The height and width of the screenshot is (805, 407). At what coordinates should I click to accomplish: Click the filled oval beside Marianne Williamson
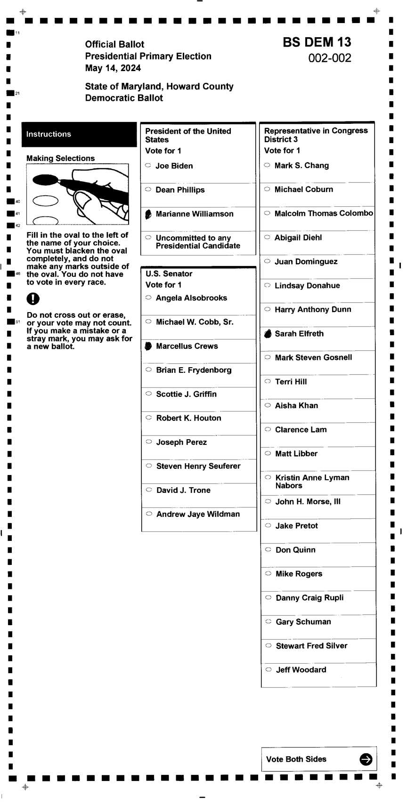click(x=148, y=214)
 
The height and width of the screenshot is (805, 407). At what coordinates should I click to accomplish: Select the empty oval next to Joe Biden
click(x=148, y=166)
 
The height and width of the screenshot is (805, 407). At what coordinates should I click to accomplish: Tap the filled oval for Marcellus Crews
click(x=148, y=346)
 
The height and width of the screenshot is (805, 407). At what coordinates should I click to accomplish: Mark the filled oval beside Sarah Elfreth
click(x=268, y=334)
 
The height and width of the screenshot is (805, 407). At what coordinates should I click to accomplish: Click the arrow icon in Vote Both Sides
click(x=366, y=759)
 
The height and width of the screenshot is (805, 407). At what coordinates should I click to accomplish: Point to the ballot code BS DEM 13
click(x=317, y=42)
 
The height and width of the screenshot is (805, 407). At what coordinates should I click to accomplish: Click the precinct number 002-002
click(x=330, y=58)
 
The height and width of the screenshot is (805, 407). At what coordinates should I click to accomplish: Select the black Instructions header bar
click(x=79, y=134)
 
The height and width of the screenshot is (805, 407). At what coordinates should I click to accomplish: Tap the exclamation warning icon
click(x=33, y=298)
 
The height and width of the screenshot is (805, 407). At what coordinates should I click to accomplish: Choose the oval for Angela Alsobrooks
click(x=148, y=298)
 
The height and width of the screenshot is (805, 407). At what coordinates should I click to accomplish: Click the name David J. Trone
click(x=183, y=490)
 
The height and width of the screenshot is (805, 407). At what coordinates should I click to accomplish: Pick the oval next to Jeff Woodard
click(x=269, y=669)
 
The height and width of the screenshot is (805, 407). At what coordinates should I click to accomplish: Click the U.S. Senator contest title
click(x=169, y=274)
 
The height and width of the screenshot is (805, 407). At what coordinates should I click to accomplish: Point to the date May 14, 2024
click(x=113, y=68)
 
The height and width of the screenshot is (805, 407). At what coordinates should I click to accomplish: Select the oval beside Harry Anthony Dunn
click(x=268, y=309)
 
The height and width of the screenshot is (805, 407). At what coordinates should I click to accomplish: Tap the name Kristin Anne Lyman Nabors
click(x=312, y=481)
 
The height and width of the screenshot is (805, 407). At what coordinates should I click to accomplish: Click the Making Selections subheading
click(x=60, y=158)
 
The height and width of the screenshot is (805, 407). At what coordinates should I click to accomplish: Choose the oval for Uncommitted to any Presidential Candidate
click(x=148, y=238)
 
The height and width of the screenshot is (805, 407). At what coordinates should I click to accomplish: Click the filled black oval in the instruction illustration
click(x=45, y=179)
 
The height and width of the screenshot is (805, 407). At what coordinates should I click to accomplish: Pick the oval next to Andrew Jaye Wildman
click(x=149, y=514)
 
